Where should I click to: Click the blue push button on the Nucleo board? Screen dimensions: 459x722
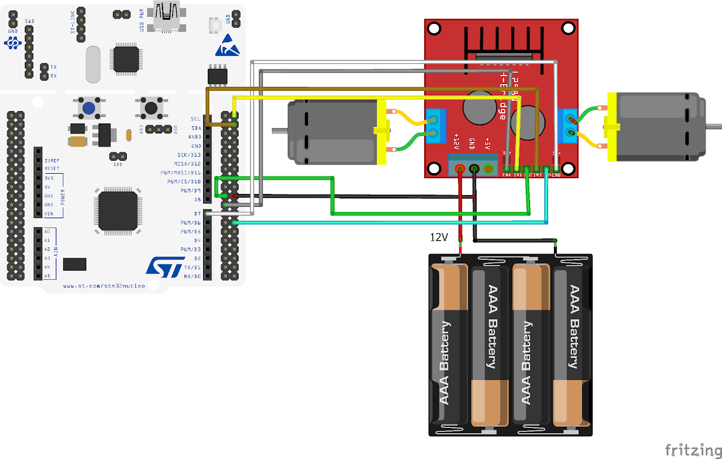88,107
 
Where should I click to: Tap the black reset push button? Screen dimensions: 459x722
151,107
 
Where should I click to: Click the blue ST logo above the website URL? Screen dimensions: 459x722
165,266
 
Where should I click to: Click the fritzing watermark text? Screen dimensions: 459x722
693,450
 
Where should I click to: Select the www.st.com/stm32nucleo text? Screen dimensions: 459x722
104,286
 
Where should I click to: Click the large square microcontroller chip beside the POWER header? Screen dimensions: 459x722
118,211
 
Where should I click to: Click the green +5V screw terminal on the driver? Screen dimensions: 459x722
488,168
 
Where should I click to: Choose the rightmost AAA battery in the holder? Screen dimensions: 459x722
572,345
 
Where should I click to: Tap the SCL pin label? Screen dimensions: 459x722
195,119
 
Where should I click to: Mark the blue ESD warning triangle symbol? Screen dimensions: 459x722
227,46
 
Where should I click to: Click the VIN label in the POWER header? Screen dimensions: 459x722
49,214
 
